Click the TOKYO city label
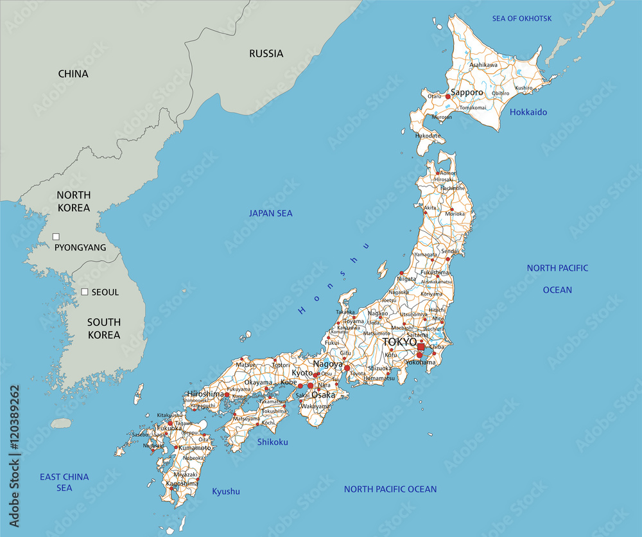(x=400, y=342)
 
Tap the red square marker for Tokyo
(x=421, y=347)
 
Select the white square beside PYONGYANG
(x=56, y=237)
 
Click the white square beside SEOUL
(x=84, y=292)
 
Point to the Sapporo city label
(x=467, y=92)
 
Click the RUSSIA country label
(x=266, y=54)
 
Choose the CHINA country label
(x=73, y=74)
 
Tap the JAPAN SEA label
(x=271, y=213)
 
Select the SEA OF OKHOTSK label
(x=522, y=18)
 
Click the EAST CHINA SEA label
(x=64, y=482)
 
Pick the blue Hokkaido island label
(x=528, y=112)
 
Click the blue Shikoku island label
(x=273, y=442)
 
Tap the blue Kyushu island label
(x=226, y=491)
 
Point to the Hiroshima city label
(x=205, y=394)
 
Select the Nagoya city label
(x=327, y=364)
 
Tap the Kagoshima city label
(x=180, y=483)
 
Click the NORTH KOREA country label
(x=74, y=201)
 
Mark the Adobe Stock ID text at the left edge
(x=14, y=459)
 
